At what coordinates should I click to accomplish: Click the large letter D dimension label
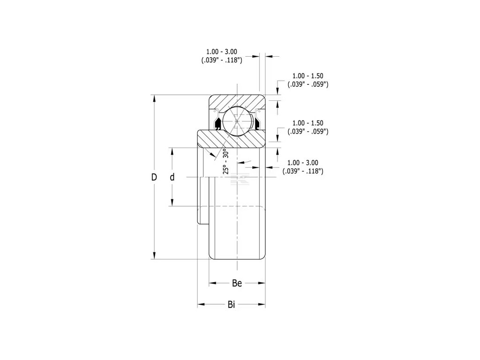(153, 177)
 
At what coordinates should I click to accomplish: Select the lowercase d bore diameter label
(172, 177)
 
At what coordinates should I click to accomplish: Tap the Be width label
(237, 283)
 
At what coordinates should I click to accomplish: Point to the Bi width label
(231, 305)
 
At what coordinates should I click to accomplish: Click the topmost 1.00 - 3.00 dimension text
(222, 51)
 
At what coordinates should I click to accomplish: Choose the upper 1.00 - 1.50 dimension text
(307, 76)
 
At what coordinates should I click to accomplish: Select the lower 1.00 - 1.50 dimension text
(307, 123)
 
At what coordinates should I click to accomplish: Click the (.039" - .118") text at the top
(221, 60)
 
